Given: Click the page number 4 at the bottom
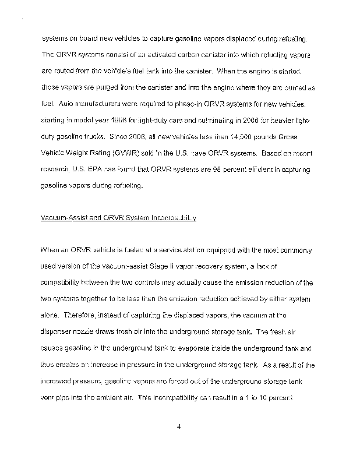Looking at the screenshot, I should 179,426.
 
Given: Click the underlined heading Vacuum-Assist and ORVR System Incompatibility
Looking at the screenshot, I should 118,218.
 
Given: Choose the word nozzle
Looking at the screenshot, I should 94,333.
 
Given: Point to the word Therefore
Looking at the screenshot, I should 86,316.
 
